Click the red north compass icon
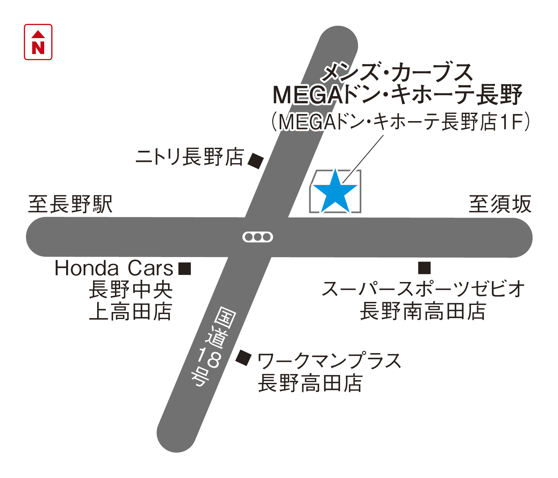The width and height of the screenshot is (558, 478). pos(38,42)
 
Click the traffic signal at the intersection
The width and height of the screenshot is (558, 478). pos(258,237)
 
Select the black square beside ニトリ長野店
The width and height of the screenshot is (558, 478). pos(256,161)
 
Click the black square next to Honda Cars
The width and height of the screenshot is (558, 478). pos(185,269)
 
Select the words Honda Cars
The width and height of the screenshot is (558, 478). pos(114,269)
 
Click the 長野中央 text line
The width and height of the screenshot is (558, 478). pos(131,290)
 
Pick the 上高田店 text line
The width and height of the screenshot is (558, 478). pos(131,311)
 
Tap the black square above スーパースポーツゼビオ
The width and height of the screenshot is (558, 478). pos(424,268)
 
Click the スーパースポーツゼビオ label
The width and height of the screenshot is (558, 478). pos(424,289)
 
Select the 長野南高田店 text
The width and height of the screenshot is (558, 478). pos(423,311)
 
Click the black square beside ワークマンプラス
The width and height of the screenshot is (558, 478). pos(243,358)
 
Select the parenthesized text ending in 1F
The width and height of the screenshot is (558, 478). pos(400,122)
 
